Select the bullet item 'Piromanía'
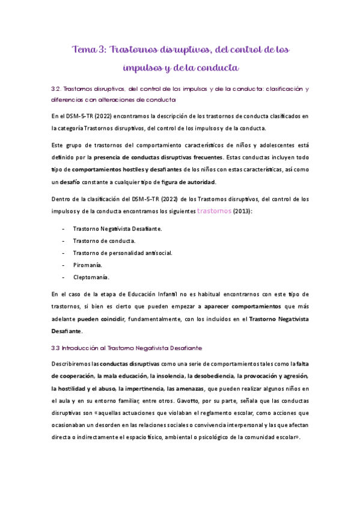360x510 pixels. (88, 265)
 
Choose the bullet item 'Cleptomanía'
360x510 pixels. (91, 277)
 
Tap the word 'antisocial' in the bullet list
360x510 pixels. (157, 253)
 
